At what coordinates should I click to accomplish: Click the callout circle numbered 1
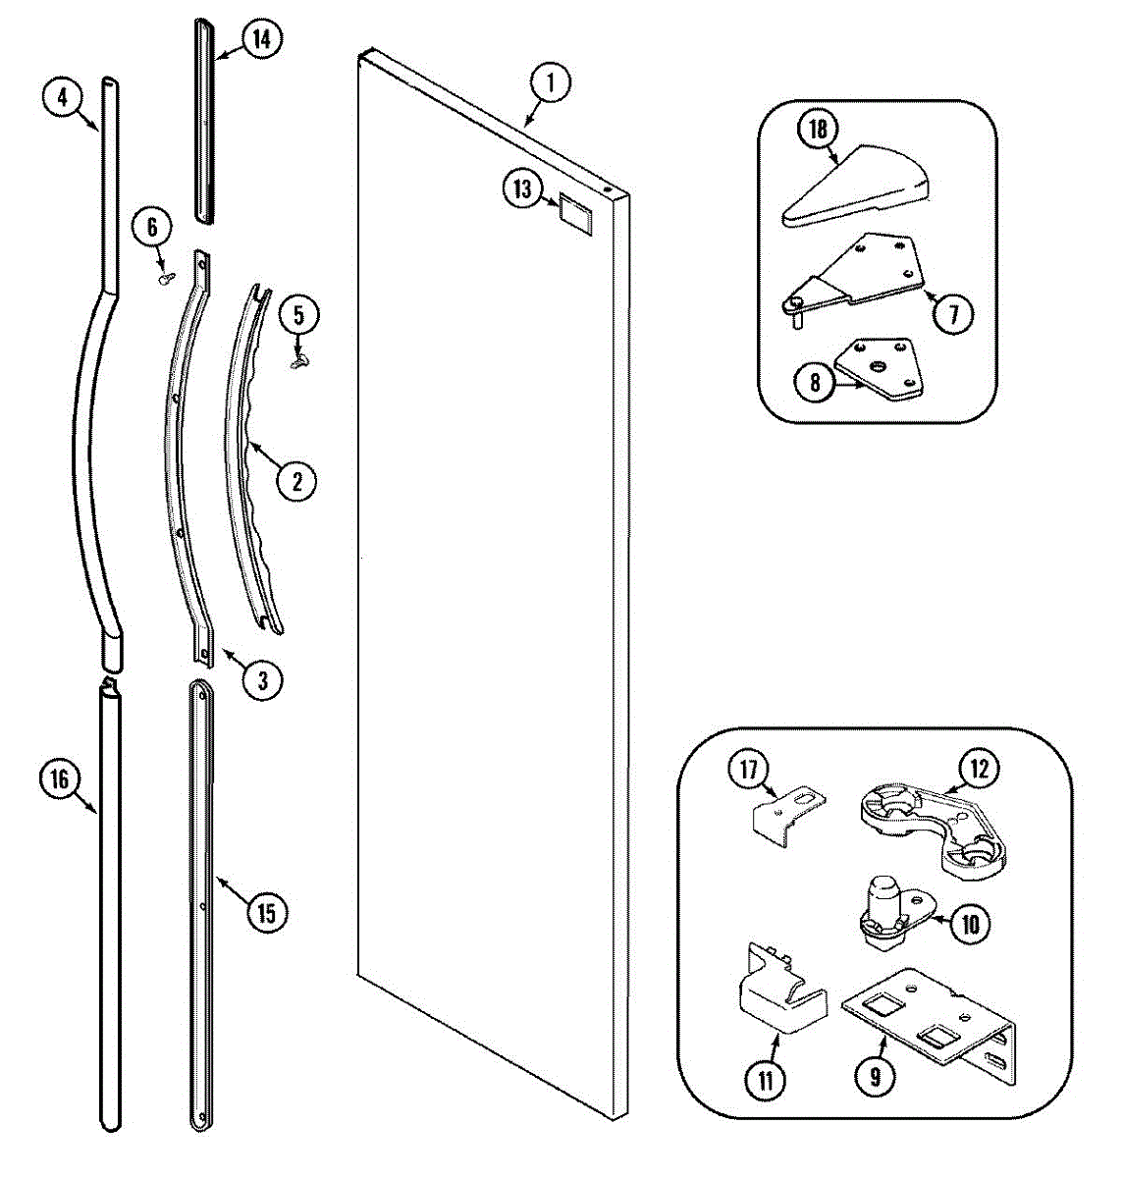tap(550, 83)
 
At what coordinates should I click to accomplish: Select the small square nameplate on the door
tap(574, 213)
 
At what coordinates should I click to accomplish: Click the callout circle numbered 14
tap(260, 39)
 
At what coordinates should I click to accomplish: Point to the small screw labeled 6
tap(164, 278)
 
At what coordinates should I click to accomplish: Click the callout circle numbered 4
tap(62, 97)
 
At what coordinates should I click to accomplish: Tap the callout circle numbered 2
tap(297, 480)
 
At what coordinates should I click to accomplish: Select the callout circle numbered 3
tap(262, 679)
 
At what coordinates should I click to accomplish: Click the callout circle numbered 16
tap(60, 779)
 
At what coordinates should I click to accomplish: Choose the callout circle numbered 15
tap(266, 913)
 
